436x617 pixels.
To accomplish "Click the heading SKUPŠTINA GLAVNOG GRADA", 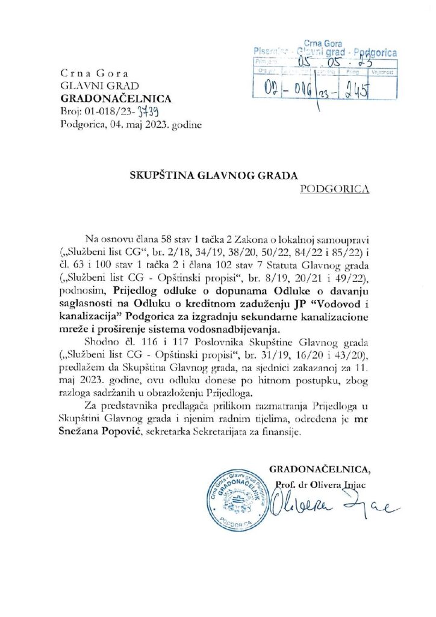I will point(214,175).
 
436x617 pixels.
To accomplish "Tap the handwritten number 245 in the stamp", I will point(357,89).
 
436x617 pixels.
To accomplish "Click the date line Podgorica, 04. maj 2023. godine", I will point(131,125).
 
